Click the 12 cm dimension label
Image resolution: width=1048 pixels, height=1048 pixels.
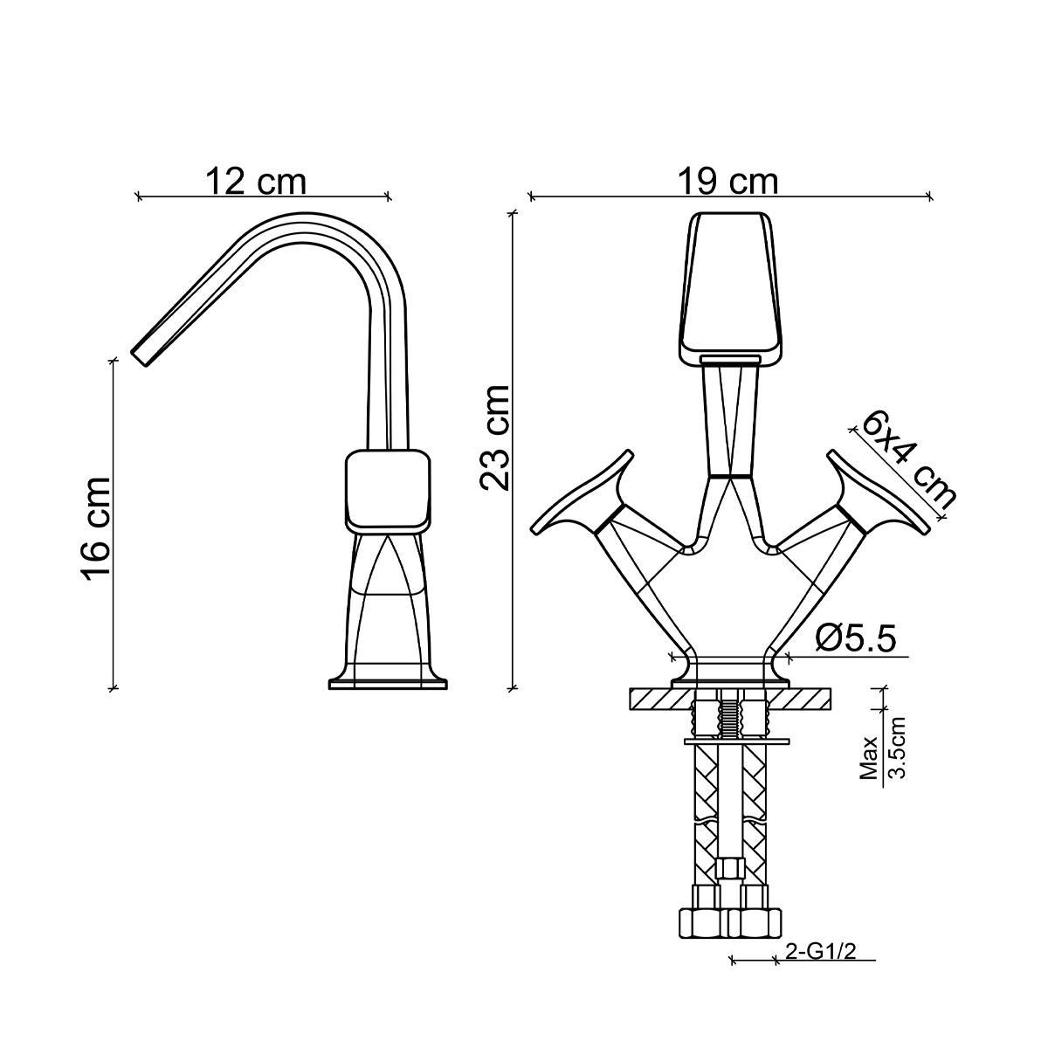[x=256, y=182]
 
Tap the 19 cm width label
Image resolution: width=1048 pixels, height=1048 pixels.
[x=727, y=182]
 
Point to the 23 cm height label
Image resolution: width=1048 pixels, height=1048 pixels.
[x=495, y=438]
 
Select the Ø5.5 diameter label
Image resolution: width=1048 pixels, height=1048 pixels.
[x=855, y=638]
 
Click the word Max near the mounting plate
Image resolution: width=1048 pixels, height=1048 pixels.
[x=868, y=757]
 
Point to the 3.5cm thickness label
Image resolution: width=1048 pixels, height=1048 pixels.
[x=896, y=748]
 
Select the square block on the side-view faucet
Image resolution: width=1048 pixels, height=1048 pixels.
[x=389, y=489]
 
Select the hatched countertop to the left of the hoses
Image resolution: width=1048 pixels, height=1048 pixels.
[x=659, y=699]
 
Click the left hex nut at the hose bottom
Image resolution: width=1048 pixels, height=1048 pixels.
[x=703, y=920]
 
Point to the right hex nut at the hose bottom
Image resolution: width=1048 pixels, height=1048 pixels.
[x=755, y=920]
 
